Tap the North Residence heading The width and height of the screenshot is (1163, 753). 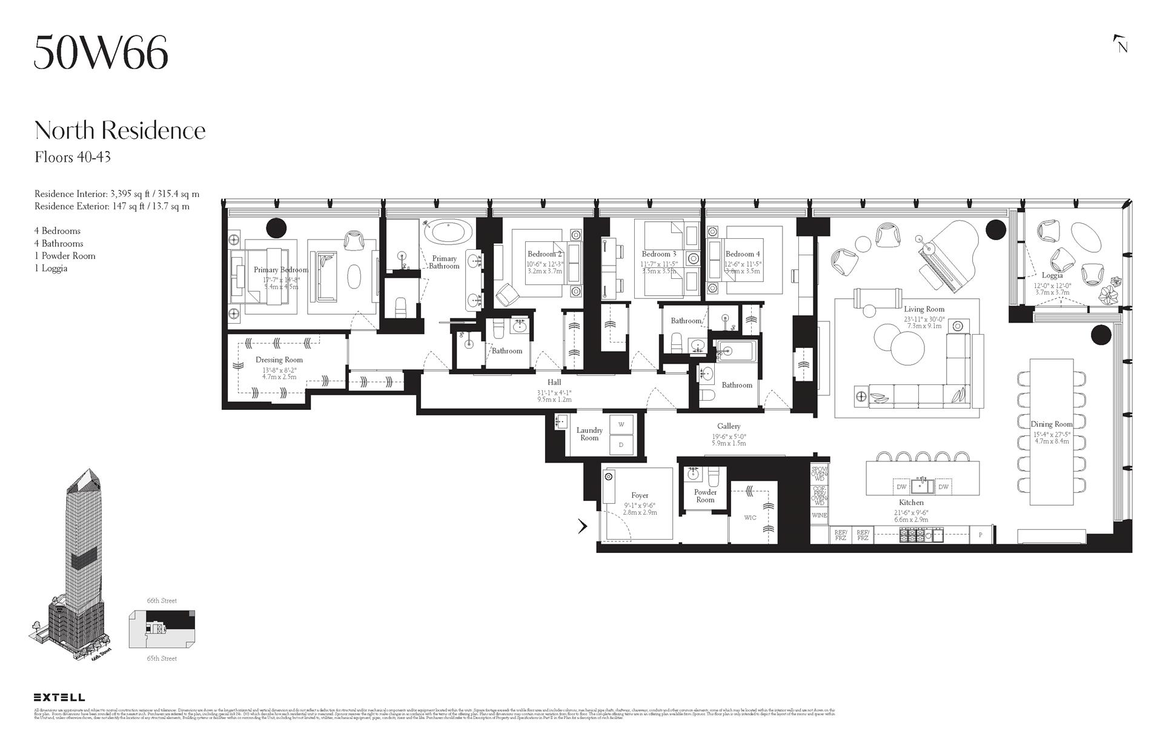tap(120, 130)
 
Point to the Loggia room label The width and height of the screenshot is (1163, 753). tap(1052, 275)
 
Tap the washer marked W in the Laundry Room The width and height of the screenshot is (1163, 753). tap(621, 424)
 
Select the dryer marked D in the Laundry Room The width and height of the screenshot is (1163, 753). tap(621, 445)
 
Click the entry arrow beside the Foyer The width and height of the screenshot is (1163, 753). tap(583, 526)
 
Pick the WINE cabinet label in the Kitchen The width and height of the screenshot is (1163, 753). tap(819, 515)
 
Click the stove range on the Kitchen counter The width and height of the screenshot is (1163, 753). tap(921, 535)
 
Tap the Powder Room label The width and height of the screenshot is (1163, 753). tap(705, 496)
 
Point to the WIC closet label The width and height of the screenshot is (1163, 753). tap(750, 518)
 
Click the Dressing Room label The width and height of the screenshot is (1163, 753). tap(279, 360)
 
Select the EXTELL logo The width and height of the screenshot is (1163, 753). tap(59, 697)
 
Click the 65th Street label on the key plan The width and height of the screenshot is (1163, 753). tap(162, 658)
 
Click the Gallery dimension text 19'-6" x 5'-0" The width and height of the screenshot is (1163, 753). tap(729, 436)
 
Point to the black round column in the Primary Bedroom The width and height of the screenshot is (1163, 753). tap(276, 227)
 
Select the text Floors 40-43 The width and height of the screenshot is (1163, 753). tap(73, 158)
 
